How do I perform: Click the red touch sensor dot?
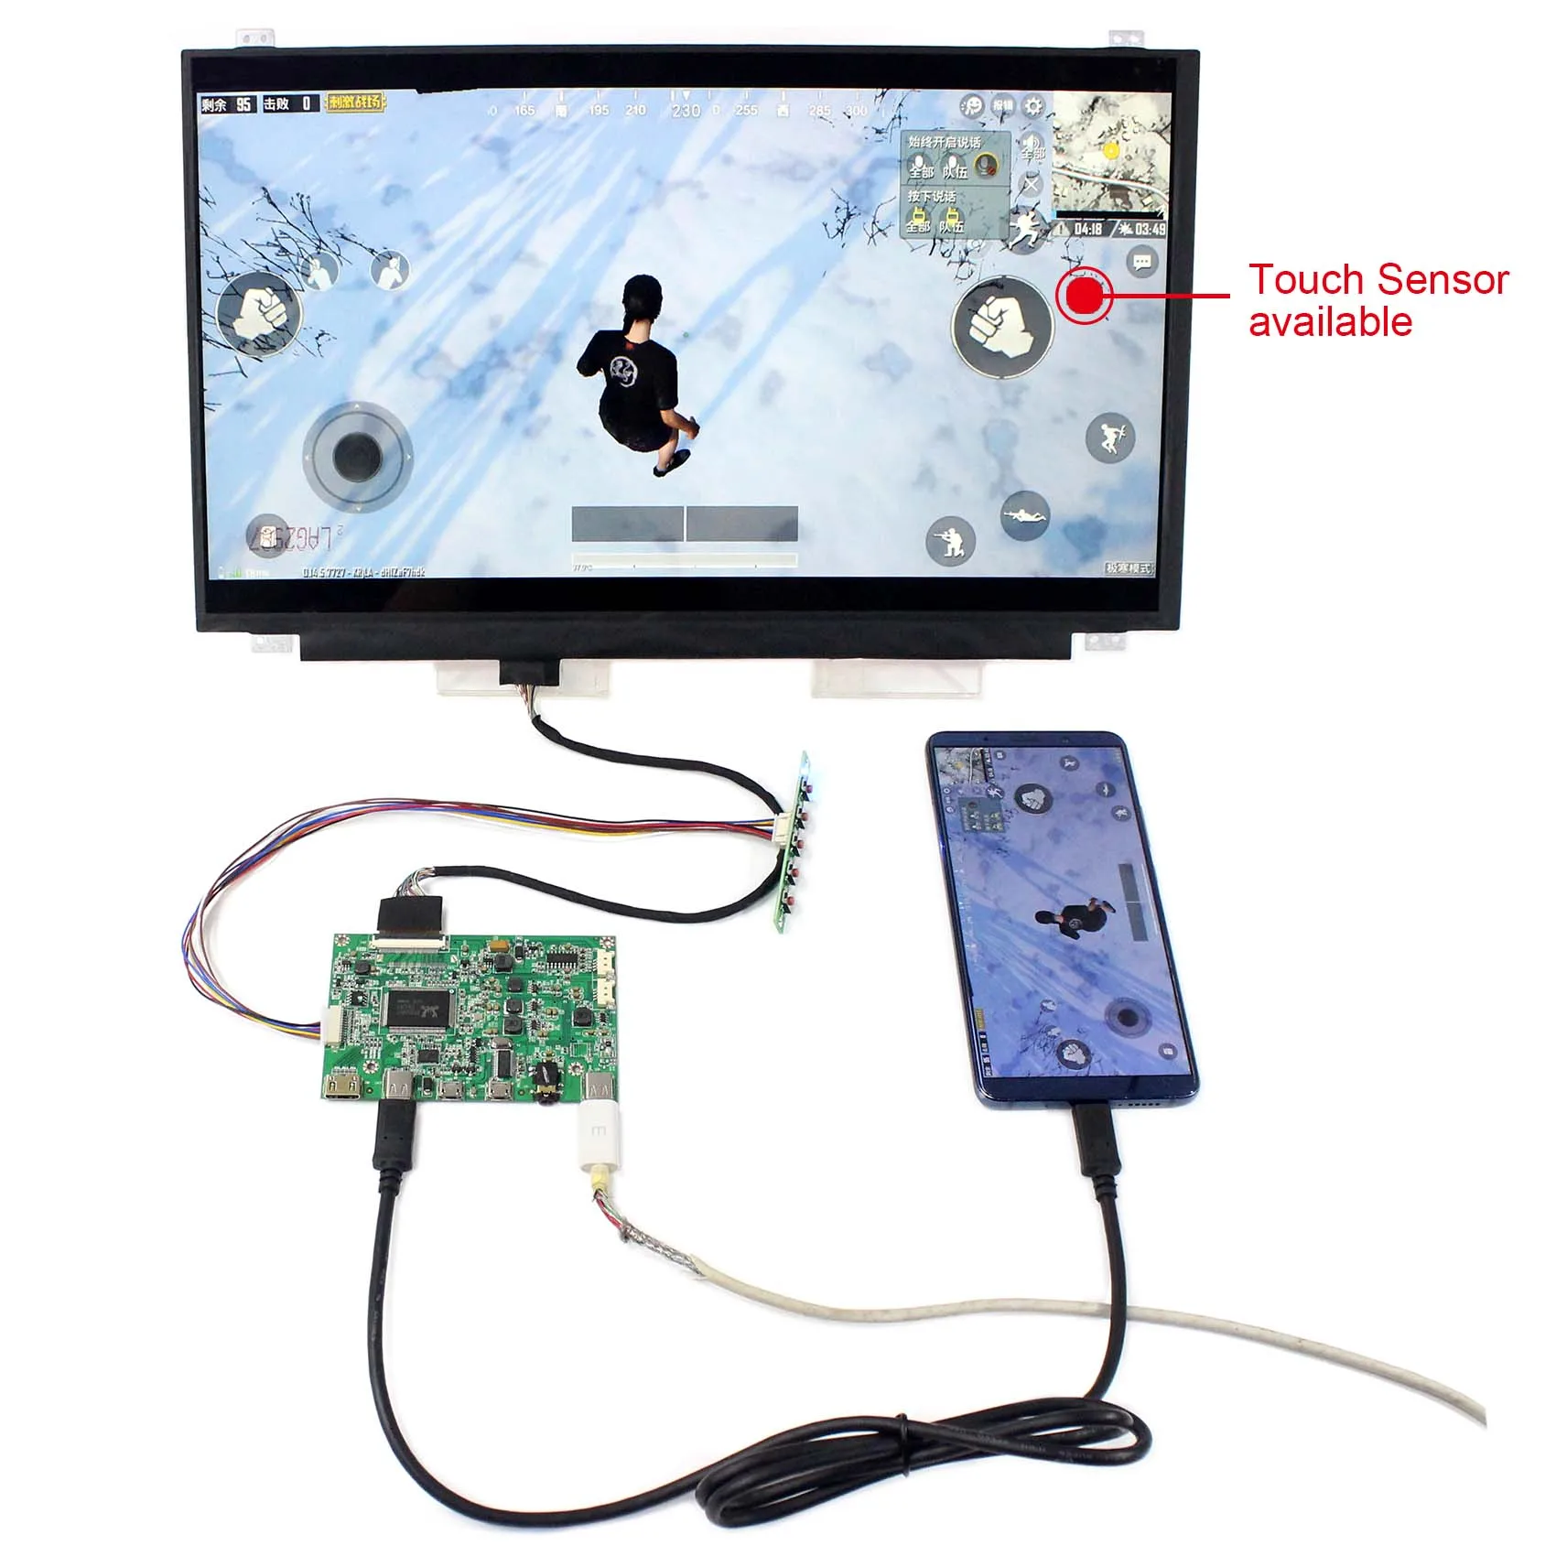click(x=1085, y=295)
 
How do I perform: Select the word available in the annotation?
click(x=1330, y=322)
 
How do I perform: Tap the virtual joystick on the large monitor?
click(x=357, y=455)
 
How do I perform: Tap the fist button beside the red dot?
click(x=1001, y=325)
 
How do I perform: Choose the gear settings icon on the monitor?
click(x=1033, y=106)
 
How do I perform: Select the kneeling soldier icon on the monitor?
click(x=950, y=541)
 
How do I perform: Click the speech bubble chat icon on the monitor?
click(x=1141, y=263)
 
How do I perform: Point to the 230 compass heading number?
click(x=686, y=111)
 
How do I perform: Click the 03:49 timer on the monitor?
click(x=1150, y=229)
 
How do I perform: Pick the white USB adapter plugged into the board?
click(x=599, y=1139)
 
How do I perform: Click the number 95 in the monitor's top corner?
click(x=243, y=104)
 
